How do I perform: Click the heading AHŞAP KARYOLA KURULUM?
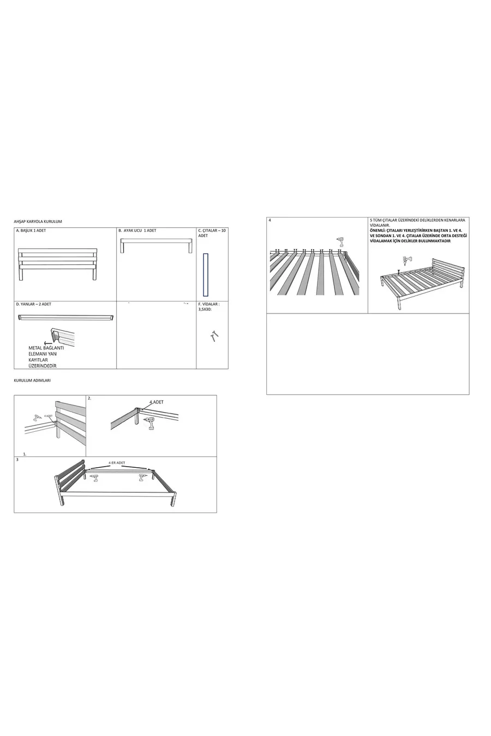coord(38,222)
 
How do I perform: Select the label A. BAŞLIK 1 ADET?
coord(31,231)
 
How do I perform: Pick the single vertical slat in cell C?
coord(206,275)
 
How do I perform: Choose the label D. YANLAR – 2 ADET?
coord(34,304)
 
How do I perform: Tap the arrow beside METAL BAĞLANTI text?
coord(49,343)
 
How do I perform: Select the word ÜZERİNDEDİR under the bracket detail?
coord(43,366)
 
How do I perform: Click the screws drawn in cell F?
coord(214,336)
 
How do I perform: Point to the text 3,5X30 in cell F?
coord(205,309)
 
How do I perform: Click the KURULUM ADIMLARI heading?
coord(32,380)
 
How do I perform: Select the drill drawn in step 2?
coord(150,424)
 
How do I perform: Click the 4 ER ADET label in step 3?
coord(117,463)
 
